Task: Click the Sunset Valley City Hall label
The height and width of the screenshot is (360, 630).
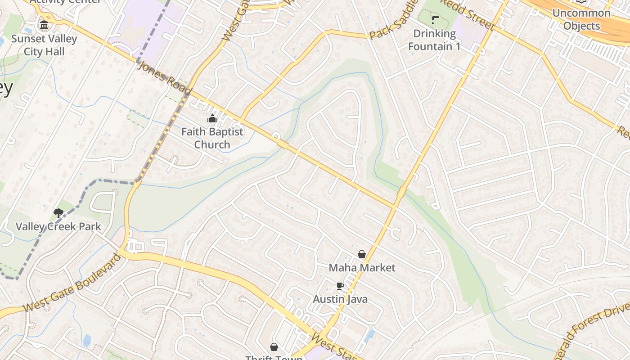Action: tap(44, 45)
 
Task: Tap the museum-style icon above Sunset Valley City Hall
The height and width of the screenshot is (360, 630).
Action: tap(44, 25)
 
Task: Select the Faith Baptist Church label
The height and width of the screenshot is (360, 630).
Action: tap(212, 138)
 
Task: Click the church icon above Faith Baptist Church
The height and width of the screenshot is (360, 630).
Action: tap(212, 119)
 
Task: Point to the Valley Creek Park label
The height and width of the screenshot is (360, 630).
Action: tap(58, 226)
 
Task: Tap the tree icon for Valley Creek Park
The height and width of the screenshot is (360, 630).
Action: tap(58, 213)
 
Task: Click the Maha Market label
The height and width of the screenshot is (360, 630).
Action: tap(362, 268)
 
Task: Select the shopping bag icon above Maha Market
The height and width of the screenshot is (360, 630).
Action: tap(361, 254)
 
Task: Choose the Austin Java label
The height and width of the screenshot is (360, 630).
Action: tap(340, 299)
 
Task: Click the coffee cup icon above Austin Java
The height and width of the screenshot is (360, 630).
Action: tap(340, 286)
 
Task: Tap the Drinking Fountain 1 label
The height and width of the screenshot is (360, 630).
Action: tap(434, 40)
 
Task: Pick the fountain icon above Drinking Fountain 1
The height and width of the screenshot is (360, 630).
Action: tap(435, 20)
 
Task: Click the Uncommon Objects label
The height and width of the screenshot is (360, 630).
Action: tap(581, 19)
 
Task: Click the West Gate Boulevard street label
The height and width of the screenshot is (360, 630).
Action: tap(72, 283)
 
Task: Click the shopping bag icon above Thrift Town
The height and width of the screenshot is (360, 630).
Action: tap(274, 346)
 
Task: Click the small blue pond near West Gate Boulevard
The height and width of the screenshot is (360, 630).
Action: tap(87, 341)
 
